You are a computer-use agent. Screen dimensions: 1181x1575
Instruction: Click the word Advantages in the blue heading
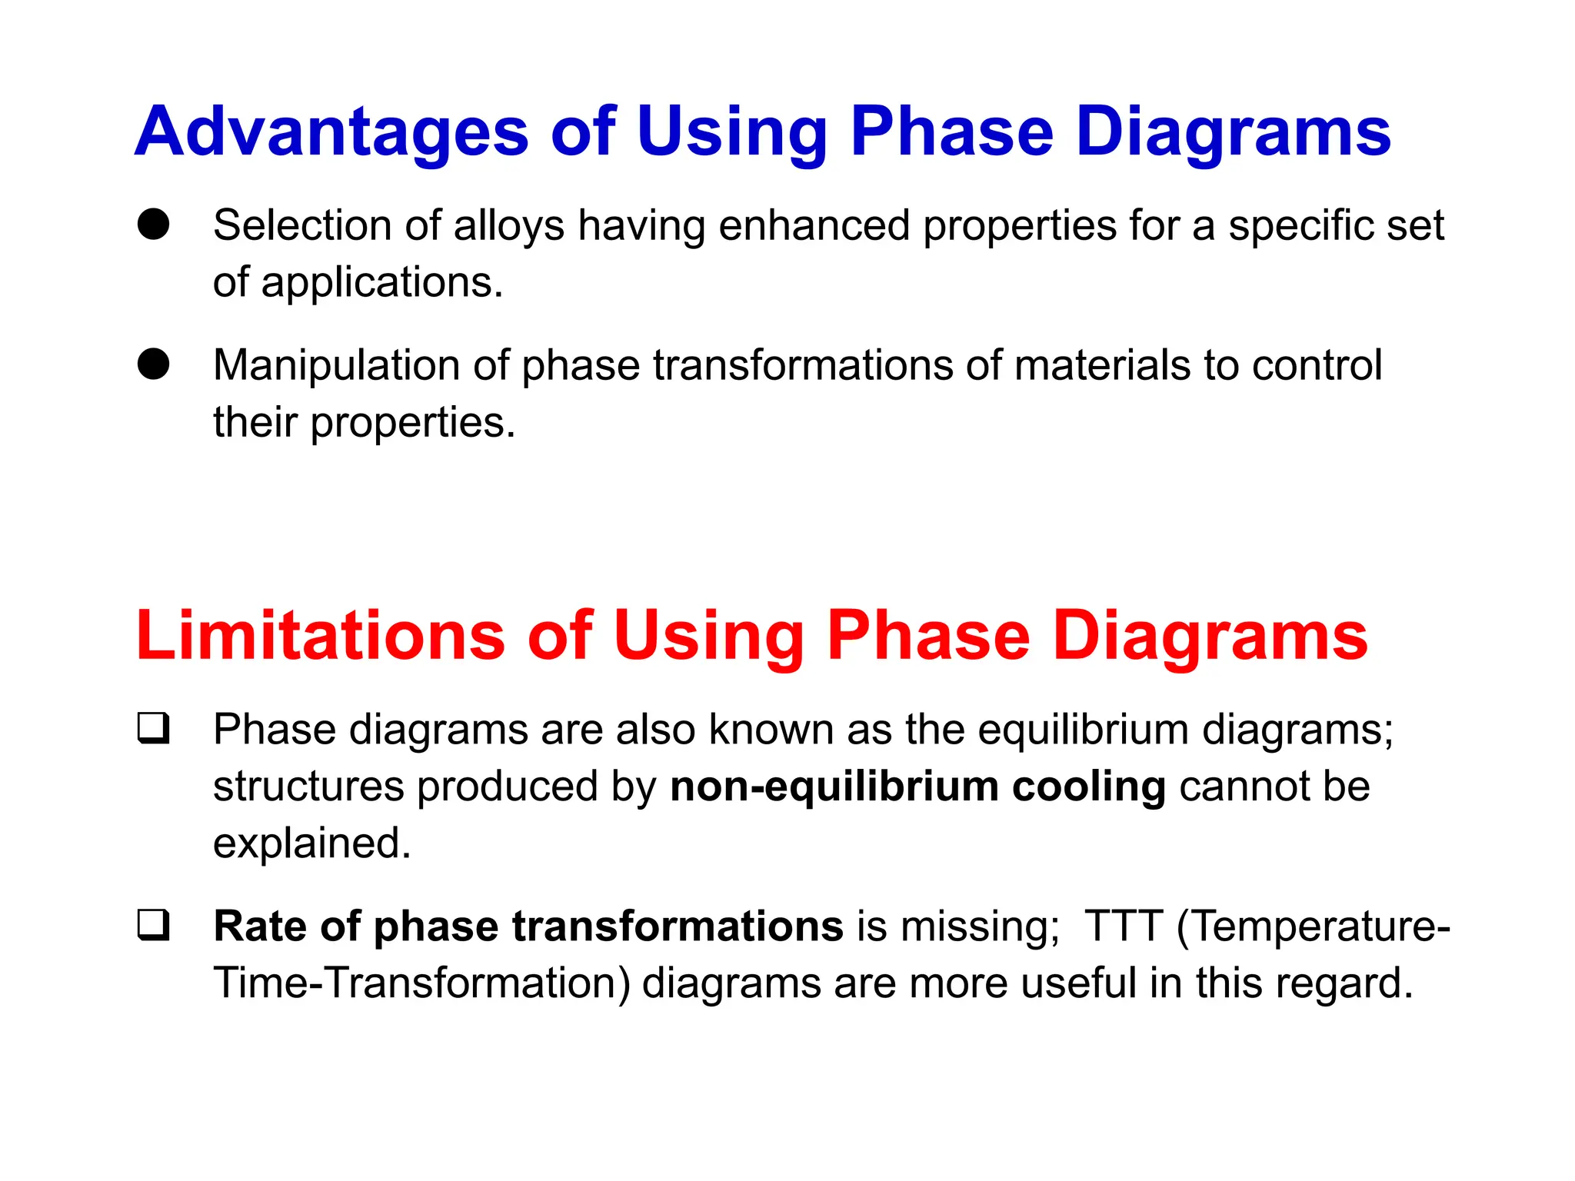click(x=331, y=132)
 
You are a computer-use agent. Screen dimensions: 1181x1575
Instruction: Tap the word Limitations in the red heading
click(x=320, y=636)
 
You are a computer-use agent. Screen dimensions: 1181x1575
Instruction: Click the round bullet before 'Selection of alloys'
click(x=154, y=225)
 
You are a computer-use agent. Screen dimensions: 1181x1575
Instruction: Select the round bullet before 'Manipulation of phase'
click(x=154, y=364)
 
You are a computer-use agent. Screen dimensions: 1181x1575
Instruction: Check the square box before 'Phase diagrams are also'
click(x=154, y=728)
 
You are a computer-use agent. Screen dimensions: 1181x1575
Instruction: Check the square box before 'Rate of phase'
click(x=154, y=925)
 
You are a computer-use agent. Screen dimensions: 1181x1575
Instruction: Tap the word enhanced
click(x=814, y=226)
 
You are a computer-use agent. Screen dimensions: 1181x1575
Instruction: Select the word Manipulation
click(x=336, y=365)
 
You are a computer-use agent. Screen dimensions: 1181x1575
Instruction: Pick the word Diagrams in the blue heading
click(x=1233, y=132)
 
